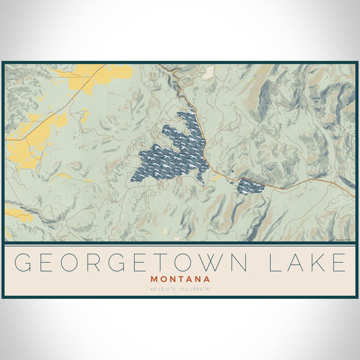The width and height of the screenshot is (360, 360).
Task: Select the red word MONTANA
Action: [x=180, y=279]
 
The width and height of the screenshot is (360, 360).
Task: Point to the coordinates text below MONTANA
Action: [x=180, y=290]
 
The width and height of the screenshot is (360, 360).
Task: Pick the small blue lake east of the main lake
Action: [x=251, y=187]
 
